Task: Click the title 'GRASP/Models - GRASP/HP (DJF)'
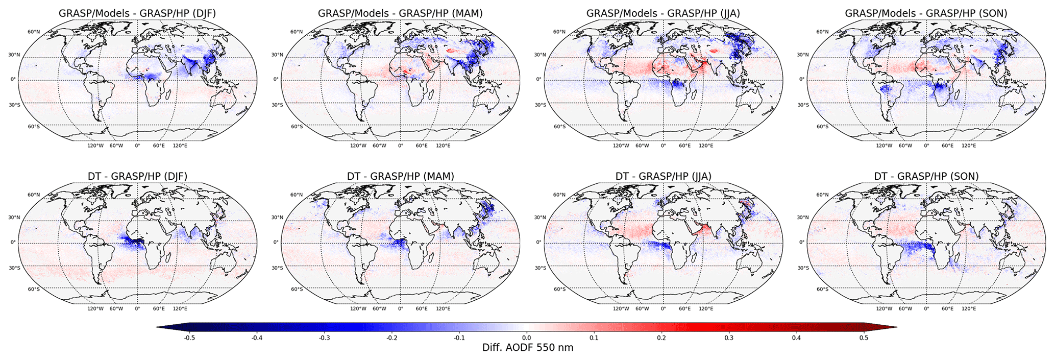137,13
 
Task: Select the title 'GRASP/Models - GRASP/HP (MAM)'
400,13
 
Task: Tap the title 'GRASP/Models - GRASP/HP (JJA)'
664,13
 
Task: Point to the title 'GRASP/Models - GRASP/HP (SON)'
926,13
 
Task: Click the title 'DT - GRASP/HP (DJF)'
137,176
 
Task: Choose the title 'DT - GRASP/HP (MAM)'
400,176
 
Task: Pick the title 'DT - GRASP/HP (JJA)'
664,176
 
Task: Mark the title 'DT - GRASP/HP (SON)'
926,176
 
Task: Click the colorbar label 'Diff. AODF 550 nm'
528,348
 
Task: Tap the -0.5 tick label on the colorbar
189,338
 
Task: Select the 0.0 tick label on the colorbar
527,338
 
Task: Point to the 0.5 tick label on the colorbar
864,338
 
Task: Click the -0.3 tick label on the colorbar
324,338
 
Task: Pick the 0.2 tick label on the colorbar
661,338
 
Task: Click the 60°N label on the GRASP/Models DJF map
34,32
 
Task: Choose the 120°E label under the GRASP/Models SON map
969,146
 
